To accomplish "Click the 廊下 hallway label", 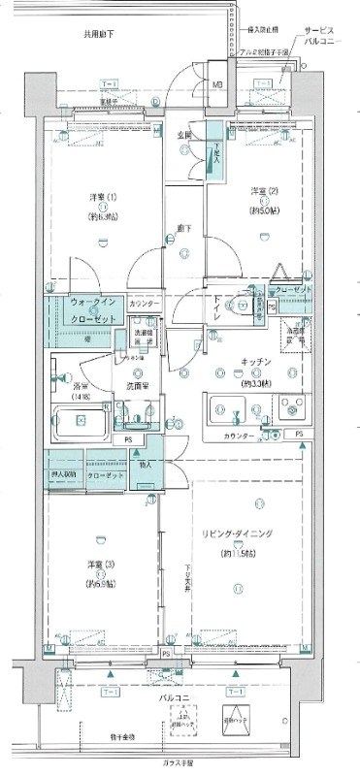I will pyautogui.click(x=182, y=229).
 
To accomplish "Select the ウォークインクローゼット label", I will pyautogui.click(x=94, y=311).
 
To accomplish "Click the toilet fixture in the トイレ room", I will pyautogui.click(x=254, y=307).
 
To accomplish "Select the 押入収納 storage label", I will pyautogui.click(x=64, y=477).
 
